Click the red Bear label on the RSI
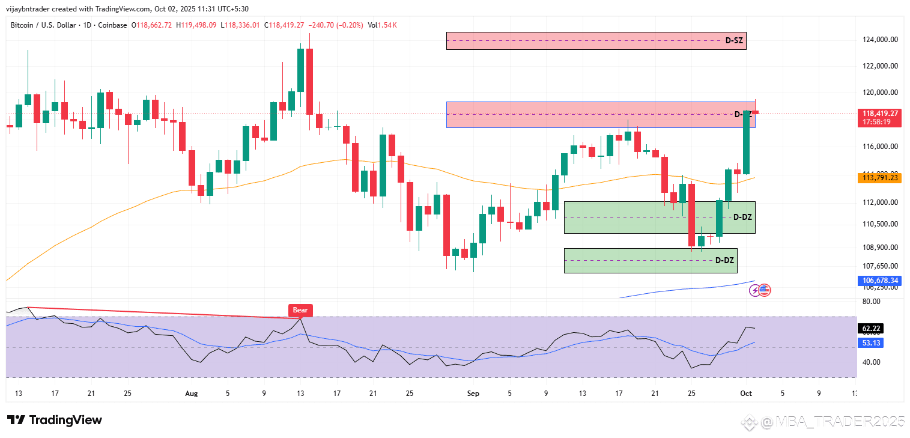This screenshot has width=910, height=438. click(300, 310)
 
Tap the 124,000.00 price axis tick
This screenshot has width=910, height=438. click(881, 40)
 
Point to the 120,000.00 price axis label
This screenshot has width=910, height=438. click(881, 93)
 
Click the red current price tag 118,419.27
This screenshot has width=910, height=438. click(881, 114)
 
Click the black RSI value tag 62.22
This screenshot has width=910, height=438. click(872, 329)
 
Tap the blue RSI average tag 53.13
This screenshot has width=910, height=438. click(872, 342)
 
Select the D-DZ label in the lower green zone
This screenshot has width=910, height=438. click(724, 260)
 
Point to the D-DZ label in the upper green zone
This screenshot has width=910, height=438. click(743, 216)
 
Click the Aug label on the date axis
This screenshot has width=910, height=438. click(191, 394)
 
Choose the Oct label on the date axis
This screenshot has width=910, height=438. click(745, 394)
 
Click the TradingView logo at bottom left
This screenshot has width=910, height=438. click(54, 420)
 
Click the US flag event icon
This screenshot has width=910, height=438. click(765, 290)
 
